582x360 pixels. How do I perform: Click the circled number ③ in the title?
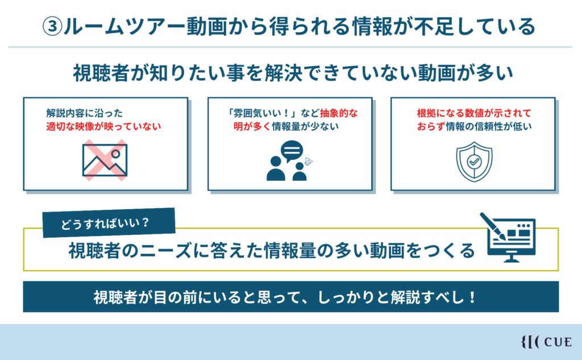tap(52, 27)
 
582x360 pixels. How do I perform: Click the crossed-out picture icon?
tap(105, 160)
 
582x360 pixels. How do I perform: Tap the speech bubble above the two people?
tap(292, 151)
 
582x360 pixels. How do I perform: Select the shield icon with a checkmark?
tap(474, 162)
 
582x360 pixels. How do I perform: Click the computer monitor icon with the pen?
tap(509, 238)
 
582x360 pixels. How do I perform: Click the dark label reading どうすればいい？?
tap(109, 222)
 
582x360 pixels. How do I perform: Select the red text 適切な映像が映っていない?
tap(103, 126)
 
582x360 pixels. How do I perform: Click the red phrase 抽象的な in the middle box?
tap(339, 113)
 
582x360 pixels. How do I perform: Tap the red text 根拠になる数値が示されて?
tap(474, 113)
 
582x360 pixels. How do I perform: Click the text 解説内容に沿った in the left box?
tap(84, 113)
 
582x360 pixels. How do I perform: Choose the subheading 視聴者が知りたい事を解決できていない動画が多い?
tap(293, 73)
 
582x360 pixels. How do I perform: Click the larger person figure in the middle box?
tap(276, 168)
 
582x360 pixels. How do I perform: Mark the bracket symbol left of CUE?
tap(530, 342)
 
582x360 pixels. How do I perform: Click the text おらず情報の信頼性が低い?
tap(474, 126)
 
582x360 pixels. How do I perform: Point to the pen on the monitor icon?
tap(493, 226)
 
